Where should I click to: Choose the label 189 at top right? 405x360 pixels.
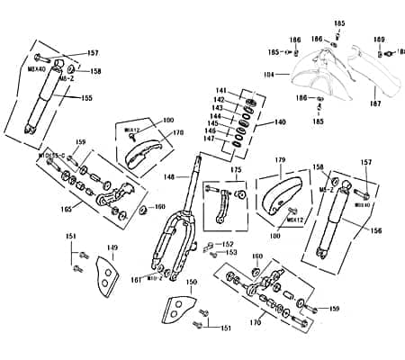[x=379, y=40]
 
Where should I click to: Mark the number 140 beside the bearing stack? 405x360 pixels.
[x=280, y=121]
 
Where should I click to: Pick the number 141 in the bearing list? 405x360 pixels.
[x=220, y=91]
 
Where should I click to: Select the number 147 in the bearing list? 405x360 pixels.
[x=210, y=139]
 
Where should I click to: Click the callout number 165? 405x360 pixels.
[x=64, y=209]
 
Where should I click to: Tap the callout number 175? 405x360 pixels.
[x=236, y=169]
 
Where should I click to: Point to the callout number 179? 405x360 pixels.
[x=280, y=160]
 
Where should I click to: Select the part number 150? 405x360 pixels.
[x=191, y=283]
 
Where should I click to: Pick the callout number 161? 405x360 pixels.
[x=136, y=280]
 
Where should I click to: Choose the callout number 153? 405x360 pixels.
[x=231, y=253]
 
